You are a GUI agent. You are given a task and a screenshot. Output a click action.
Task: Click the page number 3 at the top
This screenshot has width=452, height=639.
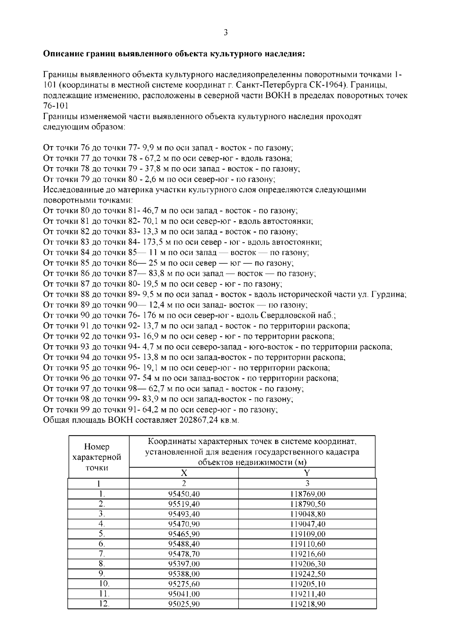[226, 33]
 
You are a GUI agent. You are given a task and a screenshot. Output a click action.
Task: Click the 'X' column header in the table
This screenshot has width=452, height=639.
[184, 473]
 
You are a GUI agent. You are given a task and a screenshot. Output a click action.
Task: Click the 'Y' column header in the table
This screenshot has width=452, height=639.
[307, 473]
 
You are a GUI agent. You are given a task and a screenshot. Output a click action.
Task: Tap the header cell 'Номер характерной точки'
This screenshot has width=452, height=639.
[97, 457]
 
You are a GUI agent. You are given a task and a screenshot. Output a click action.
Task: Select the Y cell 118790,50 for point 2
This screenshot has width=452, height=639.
[308, 504]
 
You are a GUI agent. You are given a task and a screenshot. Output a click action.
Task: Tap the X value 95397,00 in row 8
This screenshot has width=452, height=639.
[184, 564]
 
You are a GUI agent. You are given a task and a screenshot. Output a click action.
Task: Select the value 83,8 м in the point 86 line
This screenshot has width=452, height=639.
[156, 274]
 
